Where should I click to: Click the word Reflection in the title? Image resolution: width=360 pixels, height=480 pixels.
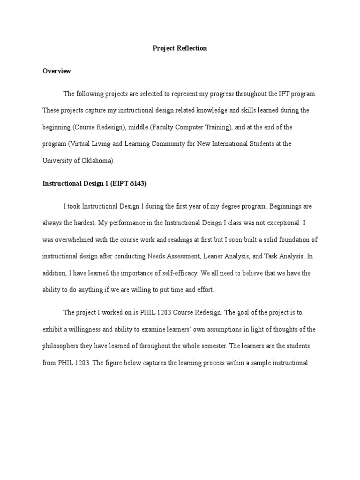(x=191, y=48)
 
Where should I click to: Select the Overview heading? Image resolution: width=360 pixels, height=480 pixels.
(x=57, y=71)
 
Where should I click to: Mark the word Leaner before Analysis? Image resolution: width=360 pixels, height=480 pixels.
(x=207, y=256)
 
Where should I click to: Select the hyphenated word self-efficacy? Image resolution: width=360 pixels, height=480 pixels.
(x=176, y=273)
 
